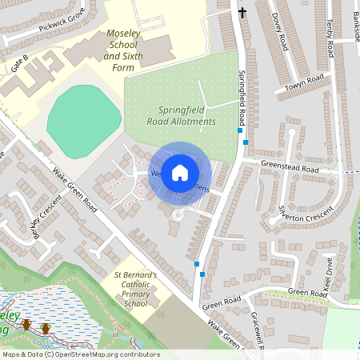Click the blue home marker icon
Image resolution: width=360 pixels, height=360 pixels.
coord(180,172)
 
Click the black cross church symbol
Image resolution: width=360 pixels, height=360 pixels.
coord(242,12)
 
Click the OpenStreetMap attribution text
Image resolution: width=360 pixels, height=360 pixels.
coord(80,354)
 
